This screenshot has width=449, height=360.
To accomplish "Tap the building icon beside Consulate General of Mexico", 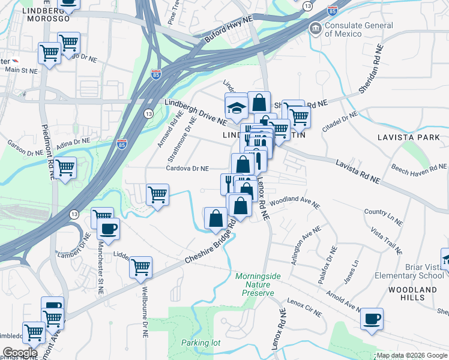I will tap(315, 28).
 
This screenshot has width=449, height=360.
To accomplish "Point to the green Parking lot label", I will tap(201, 343).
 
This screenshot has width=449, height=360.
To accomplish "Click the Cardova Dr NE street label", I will tap(187, 169).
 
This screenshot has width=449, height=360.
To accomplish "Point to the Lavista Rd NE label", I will tap(358, 172).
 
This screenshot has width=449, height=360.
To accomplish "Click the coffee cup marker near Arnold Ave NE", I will tap(372, 318).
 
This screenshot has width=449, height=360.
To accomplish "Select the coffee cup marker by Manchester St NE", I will tap(108, 229).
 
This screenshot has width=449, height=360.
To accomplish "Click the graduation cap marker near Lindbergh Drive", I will tap(237, 107).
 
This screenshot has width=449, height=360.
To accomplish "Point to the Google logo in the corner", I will tap(20, 353).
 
